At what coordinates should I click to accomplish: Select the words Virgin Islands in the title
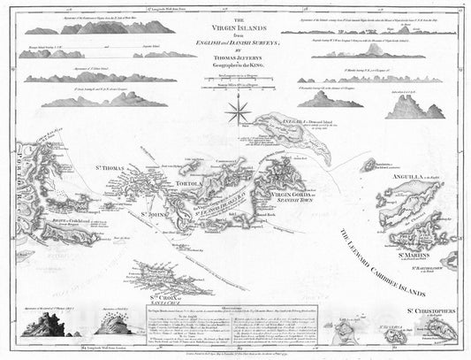point(234,27)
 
